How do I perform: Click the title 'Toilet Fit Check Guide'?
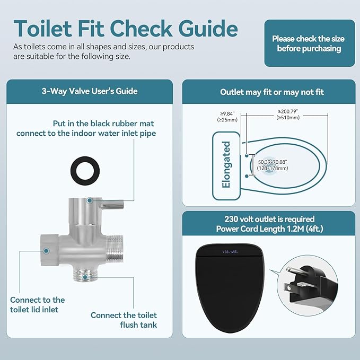pos(125,28)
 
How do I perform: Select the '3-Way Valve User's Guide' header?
pos(90,91)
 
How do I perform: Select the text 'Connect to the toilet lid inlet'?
pos(37,305)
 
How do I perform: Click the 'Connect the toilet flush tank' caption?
pos(124,320)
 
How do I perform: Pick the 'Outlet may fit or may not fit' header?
pos(272,92)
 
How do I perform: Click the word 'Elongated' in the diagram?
pos(226,164)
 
